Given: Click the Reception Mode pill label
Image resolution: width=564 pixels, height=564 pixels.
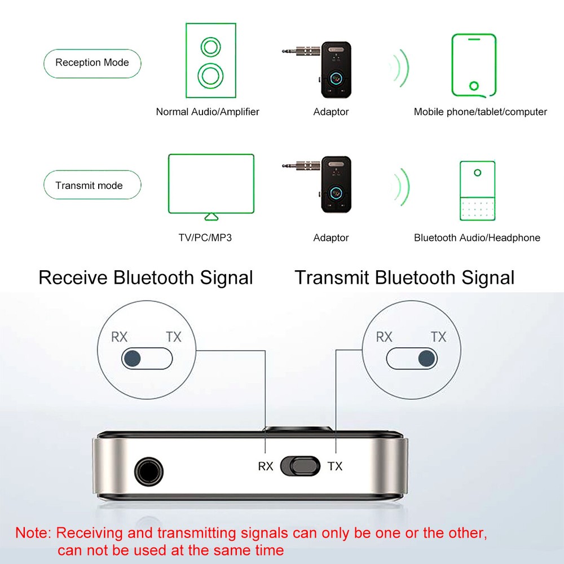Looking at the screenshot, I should [x=92, y=63].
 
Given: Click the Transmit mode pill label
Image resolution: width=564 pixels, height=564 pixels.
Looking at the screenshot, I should [x=89, y=186].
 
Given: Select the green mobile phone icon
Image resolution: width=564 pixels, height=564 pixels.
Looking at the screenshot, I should [x=474, y=65].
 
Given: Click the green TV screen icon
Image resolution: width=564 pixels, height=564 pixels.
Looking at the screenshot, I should [x=211, y=185].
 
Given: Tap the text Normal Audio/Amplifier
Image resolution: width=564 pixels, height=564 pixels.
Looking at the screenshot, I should [x=208, y=112].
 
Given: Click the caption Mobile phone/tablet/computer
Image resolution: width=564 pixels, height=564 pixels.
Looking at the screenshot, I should [x=480, y=112].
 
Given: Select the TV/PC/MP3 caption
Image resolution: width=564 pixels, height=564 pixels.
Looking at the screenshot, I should [x=205, y=237].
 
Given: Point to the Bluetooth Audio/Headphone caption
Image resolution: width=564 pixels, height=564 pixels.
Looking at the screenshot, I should [x=477, y=237].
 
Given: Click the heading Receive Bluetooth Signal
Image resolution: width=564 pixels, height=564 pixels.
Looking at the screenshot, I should [x=146, y=277].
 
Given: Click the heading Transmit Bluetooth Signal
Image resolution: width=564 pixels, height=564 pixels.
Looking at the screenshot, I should [x=404, y=277].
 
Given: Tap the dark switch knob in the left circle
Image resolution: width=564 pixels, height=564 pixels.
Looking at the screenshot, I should [x=133, y=358].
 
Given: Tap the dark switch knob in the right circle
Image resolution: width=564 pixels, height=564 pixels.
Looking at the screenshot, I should [x=427, y=358].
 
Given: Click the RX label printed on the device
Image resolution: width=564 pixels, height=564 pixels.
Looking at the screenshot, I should [x=266, y=466].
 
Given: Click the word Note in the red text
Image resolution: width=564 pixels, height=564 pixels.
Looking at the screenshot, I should [x=33, y=533].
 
